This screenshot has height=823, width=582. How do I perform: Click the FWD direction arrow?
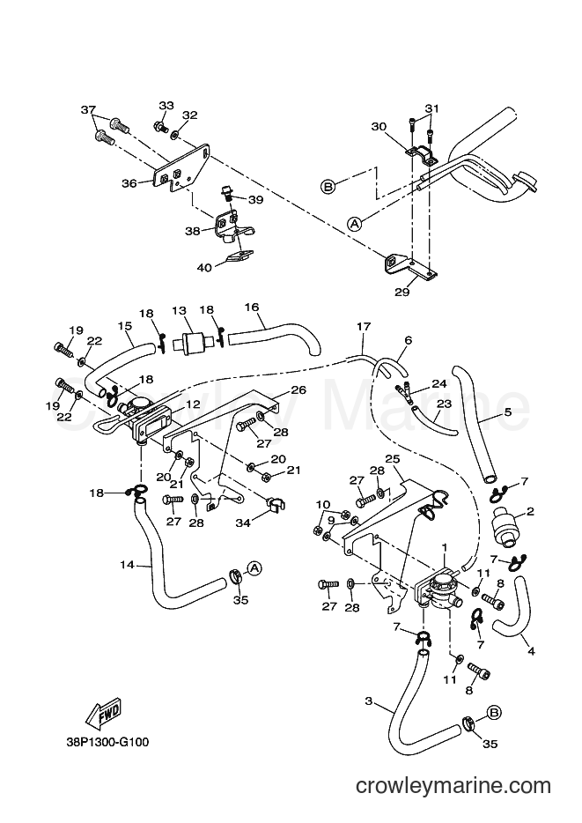click(104, 715)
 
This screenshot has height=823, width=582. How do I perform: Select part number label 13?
click(180, 310)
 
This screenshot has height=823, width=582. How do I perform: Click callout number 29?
click(402, 292)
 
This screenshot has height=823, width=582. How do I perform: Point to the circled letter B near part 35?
click(493, 713)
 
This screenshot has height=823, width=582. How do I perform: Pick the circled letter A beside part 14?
click(254, 568)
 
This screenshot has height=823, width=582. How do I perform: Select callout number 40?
click(204, 268)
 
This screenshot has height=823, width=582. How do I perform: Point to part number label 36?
click(129, 183)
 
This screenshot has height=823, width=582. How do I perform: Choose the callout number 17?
click(364, 327)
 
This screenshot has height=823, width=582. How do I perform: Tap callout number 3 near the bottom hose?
click(369, 701)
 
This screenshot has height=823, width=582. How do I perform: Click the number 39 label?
click(256, 200)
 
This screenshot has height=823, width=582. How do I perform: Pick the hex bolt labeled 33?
click(160, 127)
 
